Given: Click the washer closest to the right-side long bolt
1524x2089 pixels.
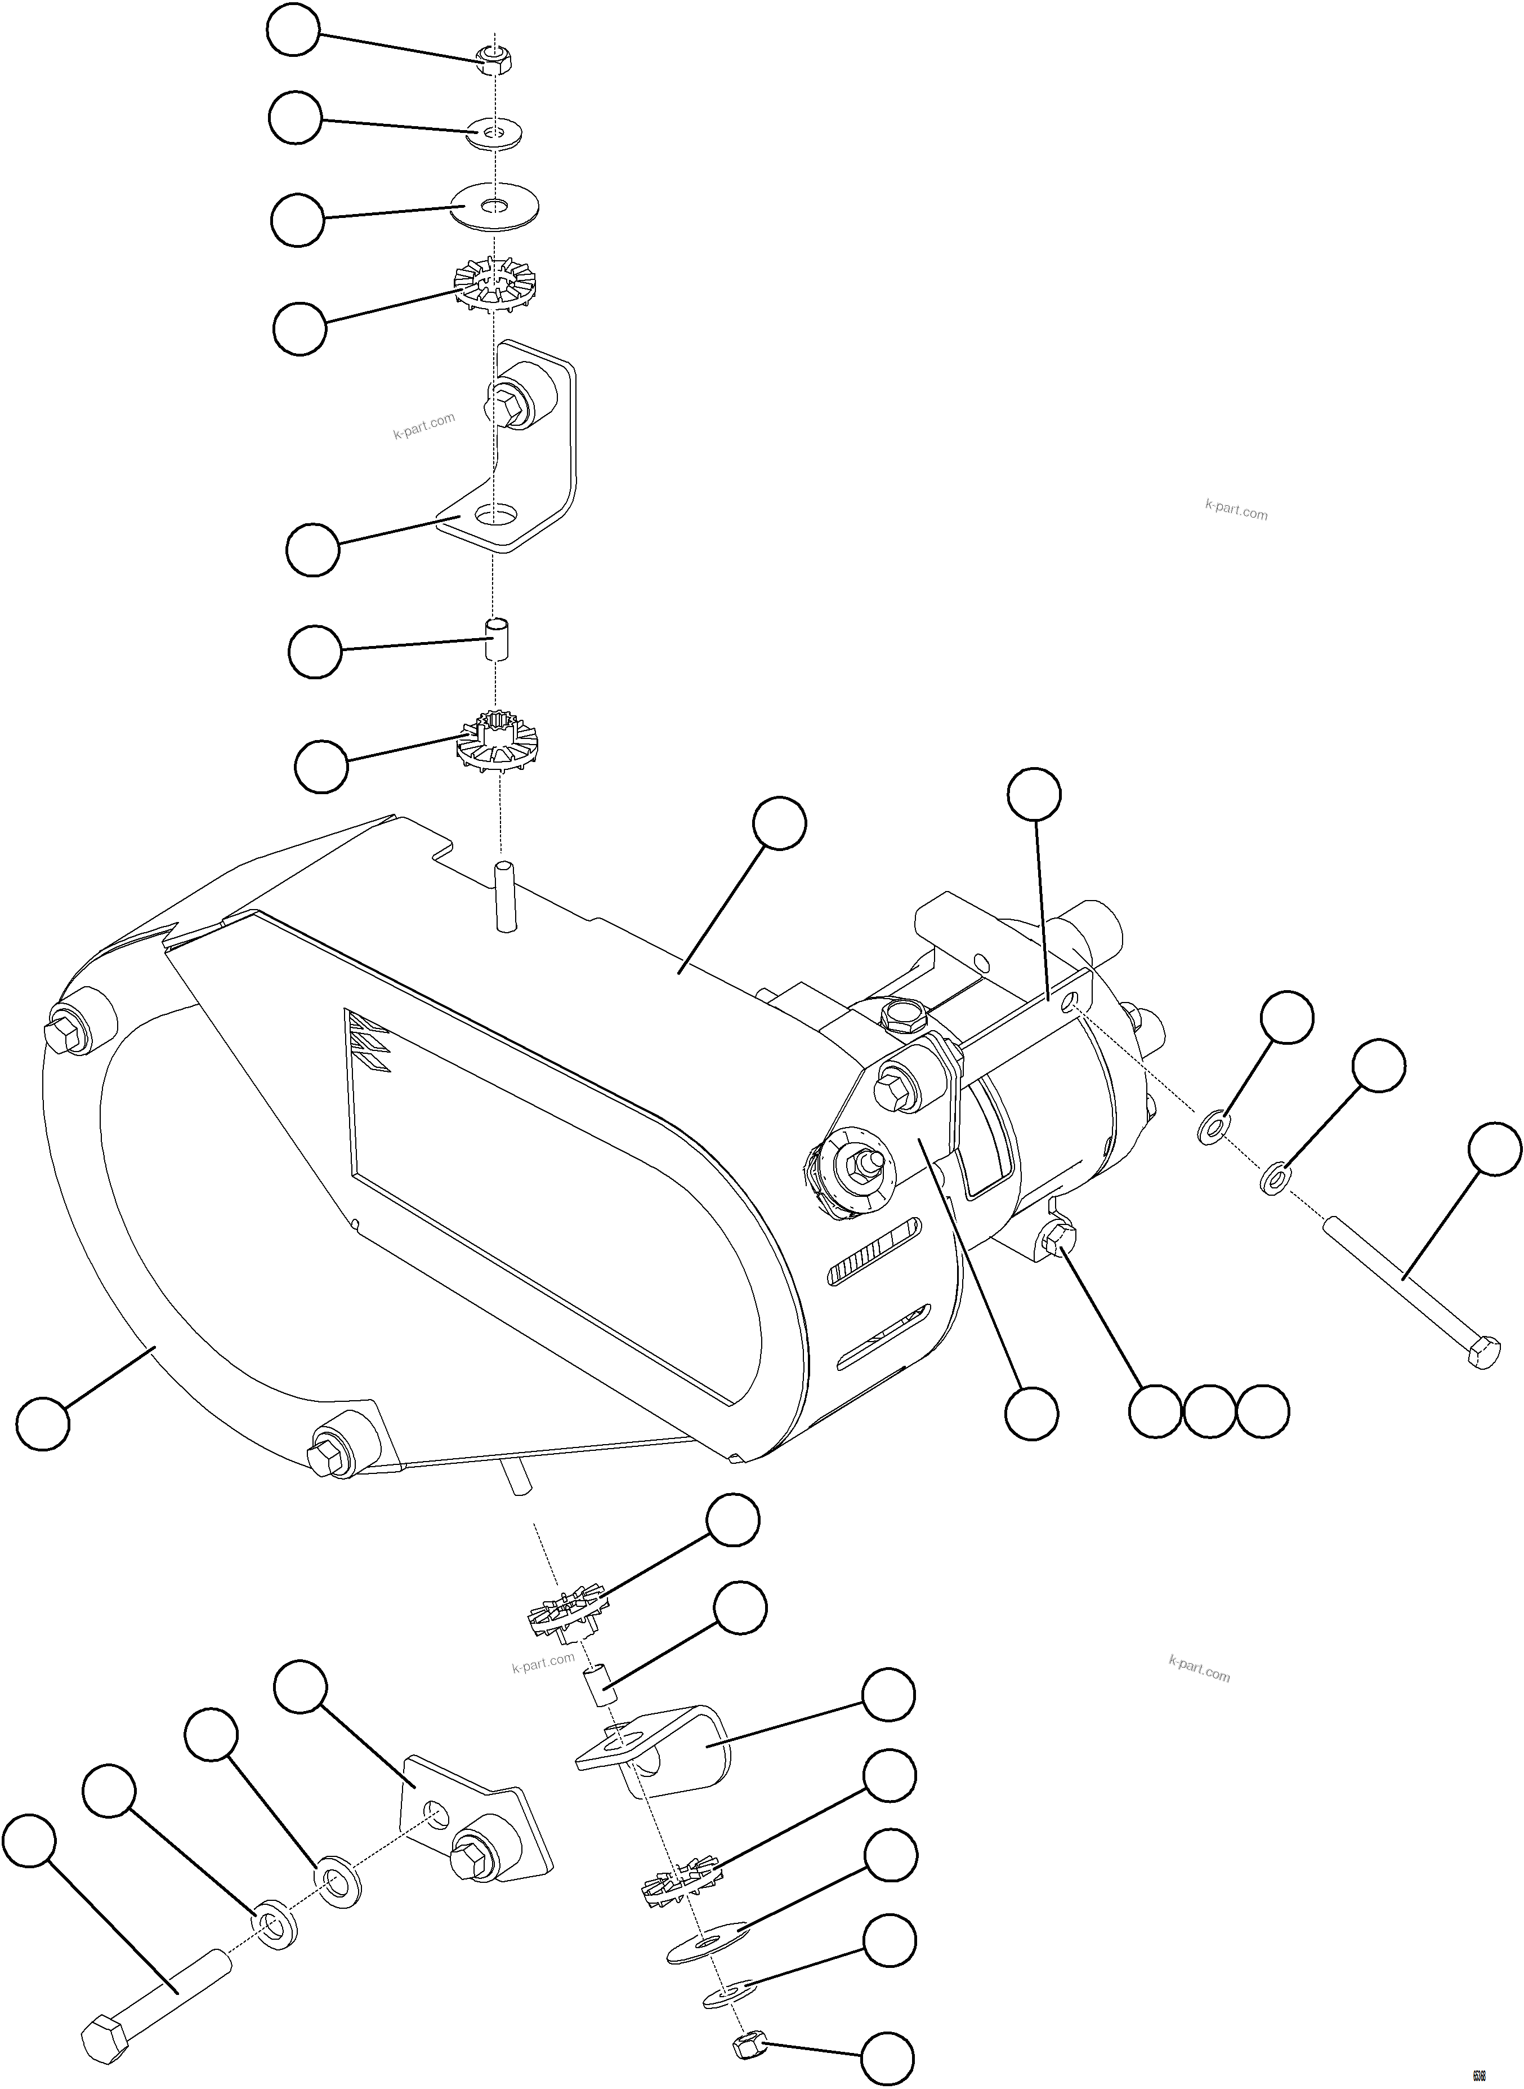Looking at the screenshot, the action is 1276,1179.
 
